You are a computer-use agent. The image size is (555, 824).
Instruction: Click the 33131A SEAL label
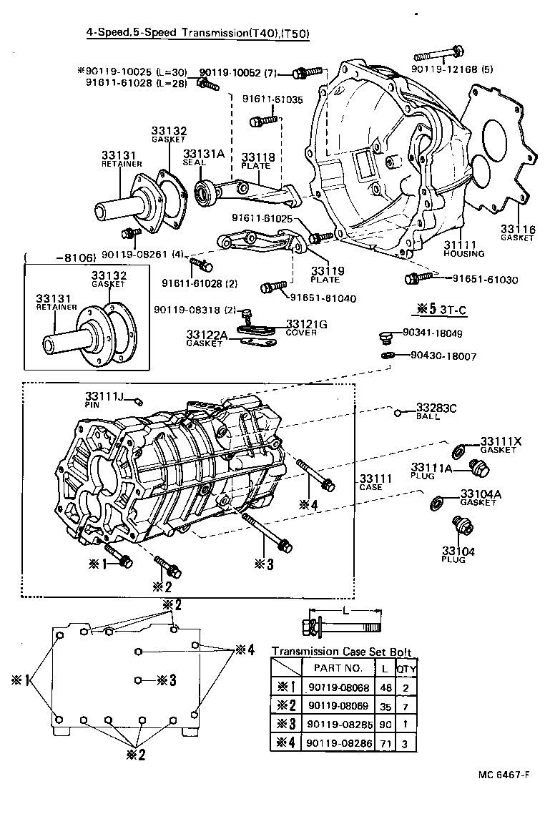click(x=194, y=157)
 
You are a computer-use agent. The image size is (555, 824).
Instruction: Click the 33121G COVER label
click(x=306, y=328)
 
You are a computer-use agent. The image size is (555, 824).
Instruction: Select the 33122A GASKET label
click(x=207, y=338)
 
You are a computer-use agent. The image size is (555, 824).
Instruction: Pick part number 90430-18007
click(x=442, y=355)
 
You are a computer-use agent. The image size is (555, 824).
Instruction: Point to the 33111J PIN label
click(x=104, y=399)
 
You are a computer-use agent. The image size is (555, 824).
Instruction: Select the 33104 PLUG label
click(x=453, y=554)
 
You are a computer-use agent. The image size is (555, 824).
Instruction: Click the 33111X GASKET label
click(x=501, y=445)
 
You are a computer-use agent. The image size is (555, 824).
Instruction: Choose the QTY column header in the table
click(x=406, y=668)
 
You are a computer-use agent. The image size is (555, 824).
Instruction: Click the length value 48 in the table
click(x=385, y=687)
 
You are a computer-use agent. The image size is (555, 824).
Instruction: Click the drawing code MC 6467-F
click(x=505, y=775)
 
